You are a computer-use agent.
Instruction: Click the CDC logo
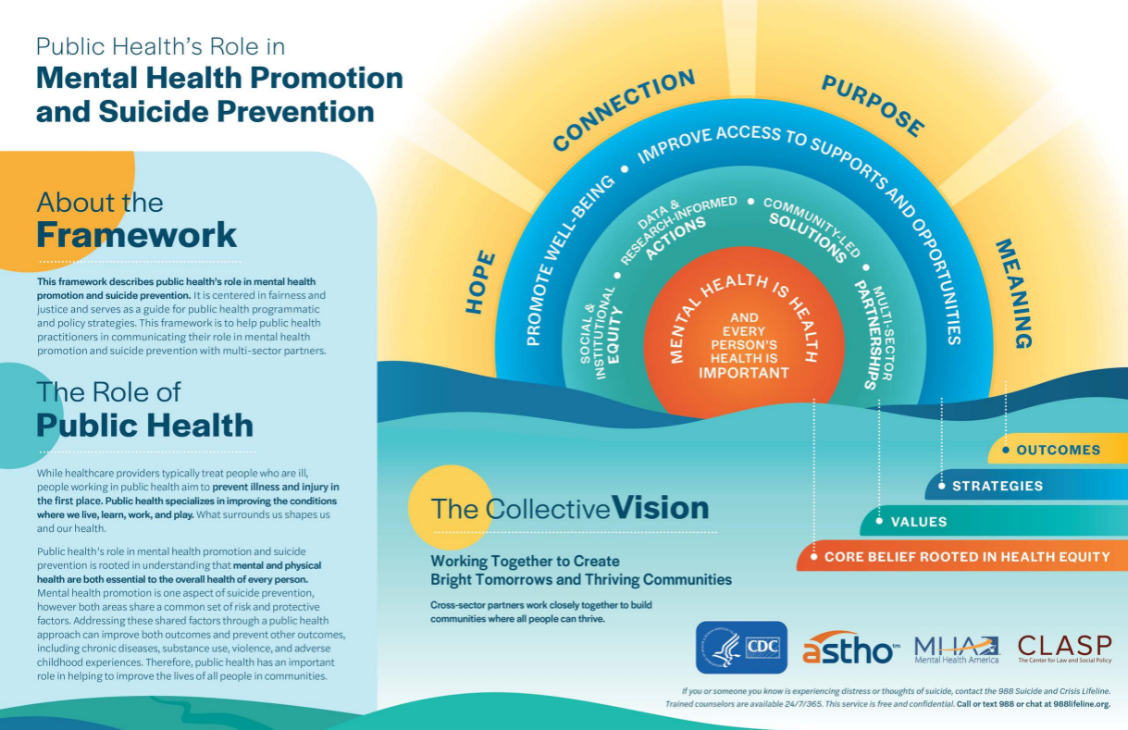[x=741, y=647]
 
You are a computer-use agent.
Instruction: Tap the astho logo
[x=849, y=647]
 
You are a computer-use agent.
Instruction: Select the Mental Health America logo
[x=957, y=648]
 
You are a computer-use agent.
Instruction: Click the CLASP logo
[x=1064, y=647]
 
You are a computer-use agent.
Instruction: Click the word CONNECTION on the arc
[x=623, y=109]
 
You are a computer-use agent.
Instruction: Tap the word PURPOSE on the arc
[x=873, y=105]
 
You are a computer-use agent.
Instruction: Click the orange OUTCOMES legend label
[x=1058, y=450]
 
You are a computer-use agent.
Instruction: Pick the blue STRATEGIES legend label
[x=997, y=486]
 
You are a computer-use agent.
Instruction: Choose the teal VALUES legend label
[x=918, y=522]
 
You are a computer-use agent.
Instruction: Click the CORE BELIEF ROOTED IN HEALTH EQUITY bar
[x=966, y=557]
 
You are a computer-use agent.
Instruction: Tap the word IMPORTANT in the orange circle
[x=743, y=373]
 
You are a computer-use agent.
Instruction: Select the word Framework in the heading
[x=137, y=234]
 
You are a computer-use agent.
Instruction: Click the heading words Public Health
[x=144, y=425]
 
